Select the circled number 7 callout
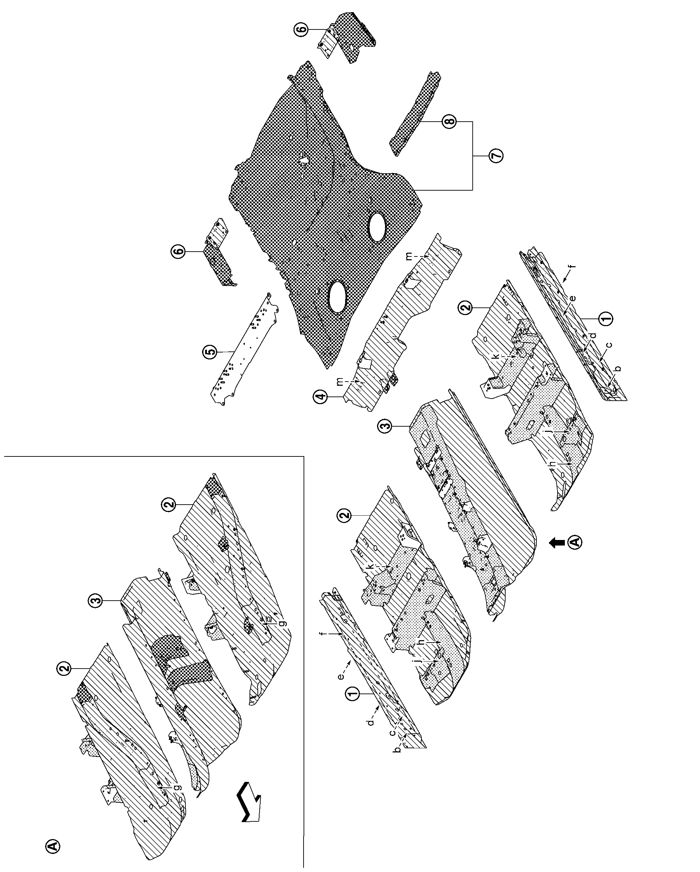pyautogui.click(x=496, y=156)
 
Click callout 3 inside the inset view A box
pyautogui.click(x=95, y=601)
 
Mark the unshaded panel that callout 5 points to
pyautogui.click(x=244, y=349)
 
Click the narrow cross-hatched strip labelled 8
pyautogui.click(x=415, y=113)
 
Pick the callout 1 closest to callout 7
pyautogui.click(x=605, y=319)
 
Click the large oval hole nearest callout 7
pyautogui.click(x=377, y=227)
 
